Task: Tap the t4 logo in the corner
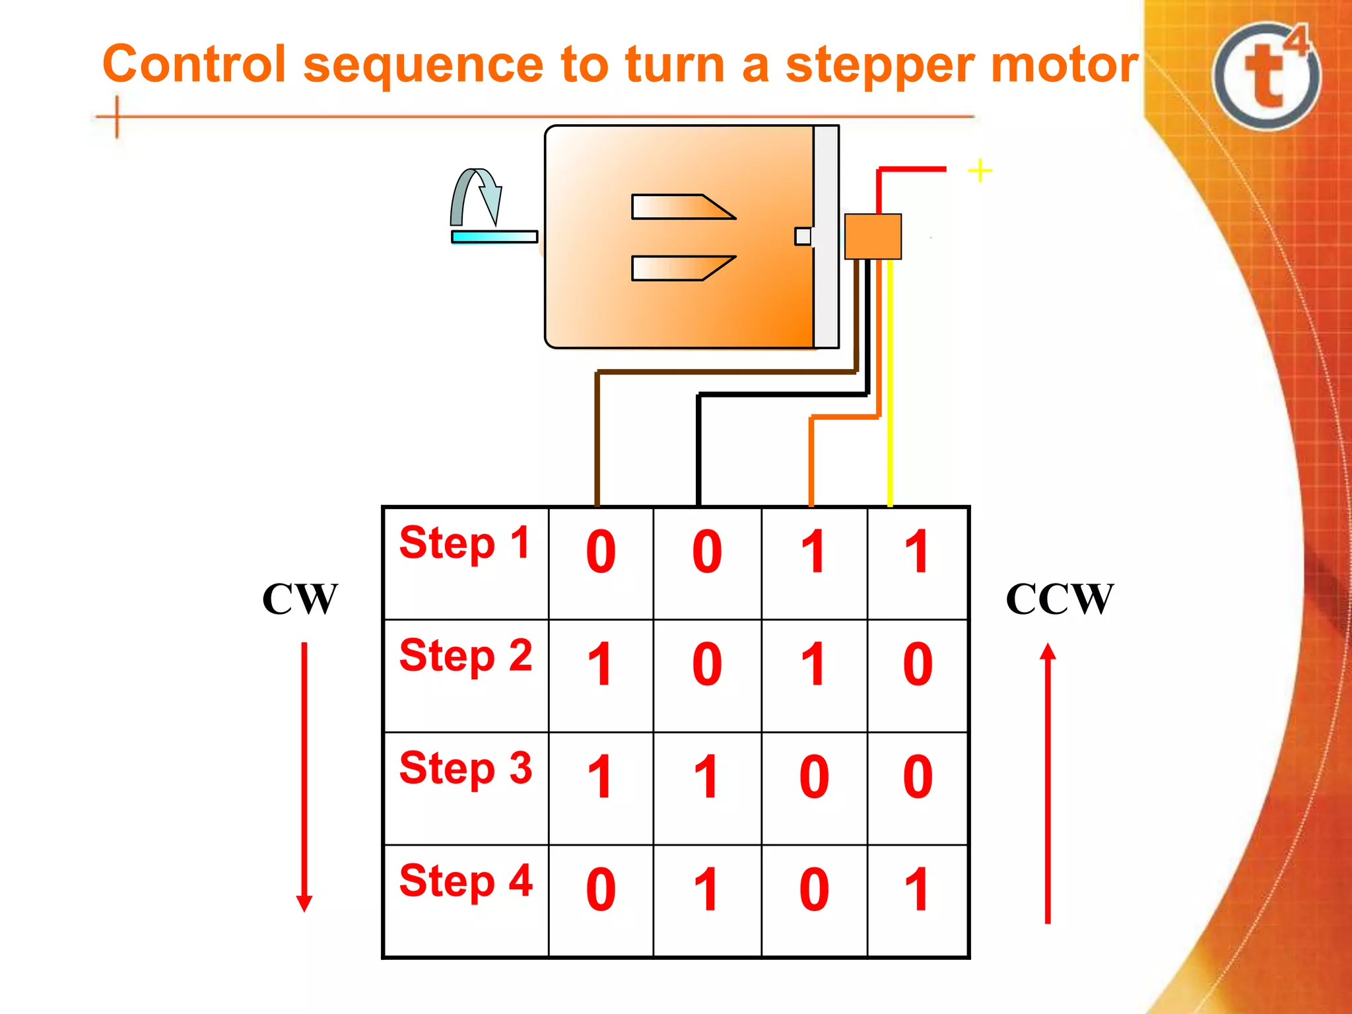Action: [1267, 76]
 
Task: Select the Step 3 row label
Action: [465, 770]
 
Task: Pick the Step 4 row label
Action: [465, 882]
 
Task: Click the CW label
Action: [300, 599]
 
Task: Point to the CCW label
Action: [1060, 599]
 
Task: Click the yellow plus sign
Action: [980, 170]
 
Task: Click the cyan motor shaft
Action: [494, 236]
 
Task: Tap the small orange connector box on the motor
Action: [873, 236]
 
